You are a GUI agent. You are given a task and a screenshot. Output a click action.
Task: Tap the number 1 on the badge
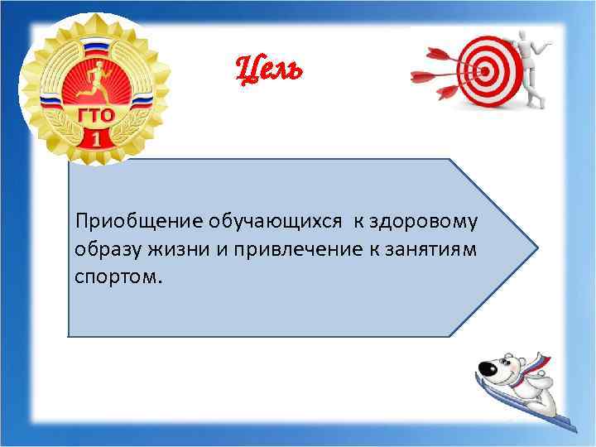tap(96, 137)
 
